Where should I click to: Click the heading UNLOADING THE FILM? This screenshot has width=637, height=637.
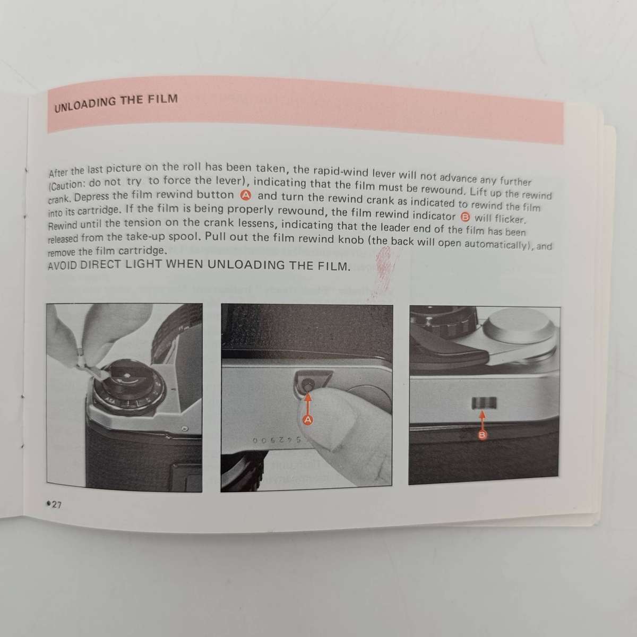[x=116, y=102]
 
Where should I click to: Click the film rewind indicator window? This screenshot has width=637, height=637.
[x=483, y=404]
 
